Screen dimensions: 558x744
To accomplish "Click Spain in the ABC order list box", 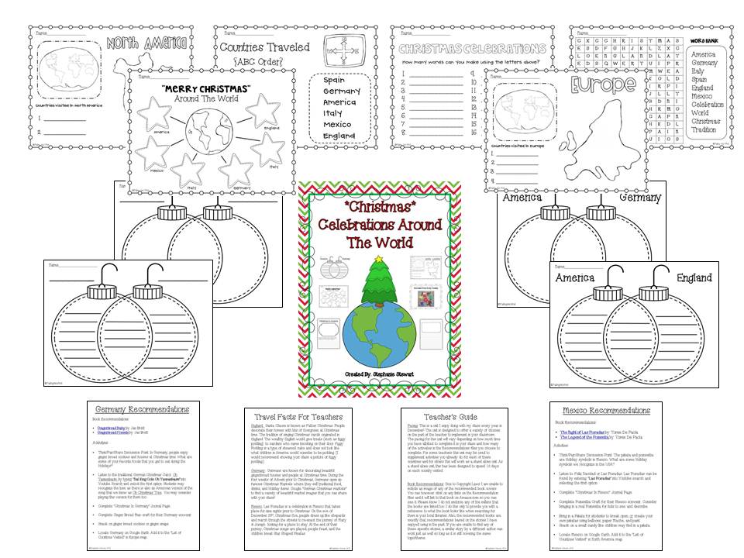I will click(x=334, y=80).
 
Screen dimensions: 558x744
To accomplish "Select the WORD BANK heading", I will click(x=706, y=40).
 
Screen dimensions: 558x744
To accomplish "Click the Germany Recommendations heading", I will click(x=137, y=409).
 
